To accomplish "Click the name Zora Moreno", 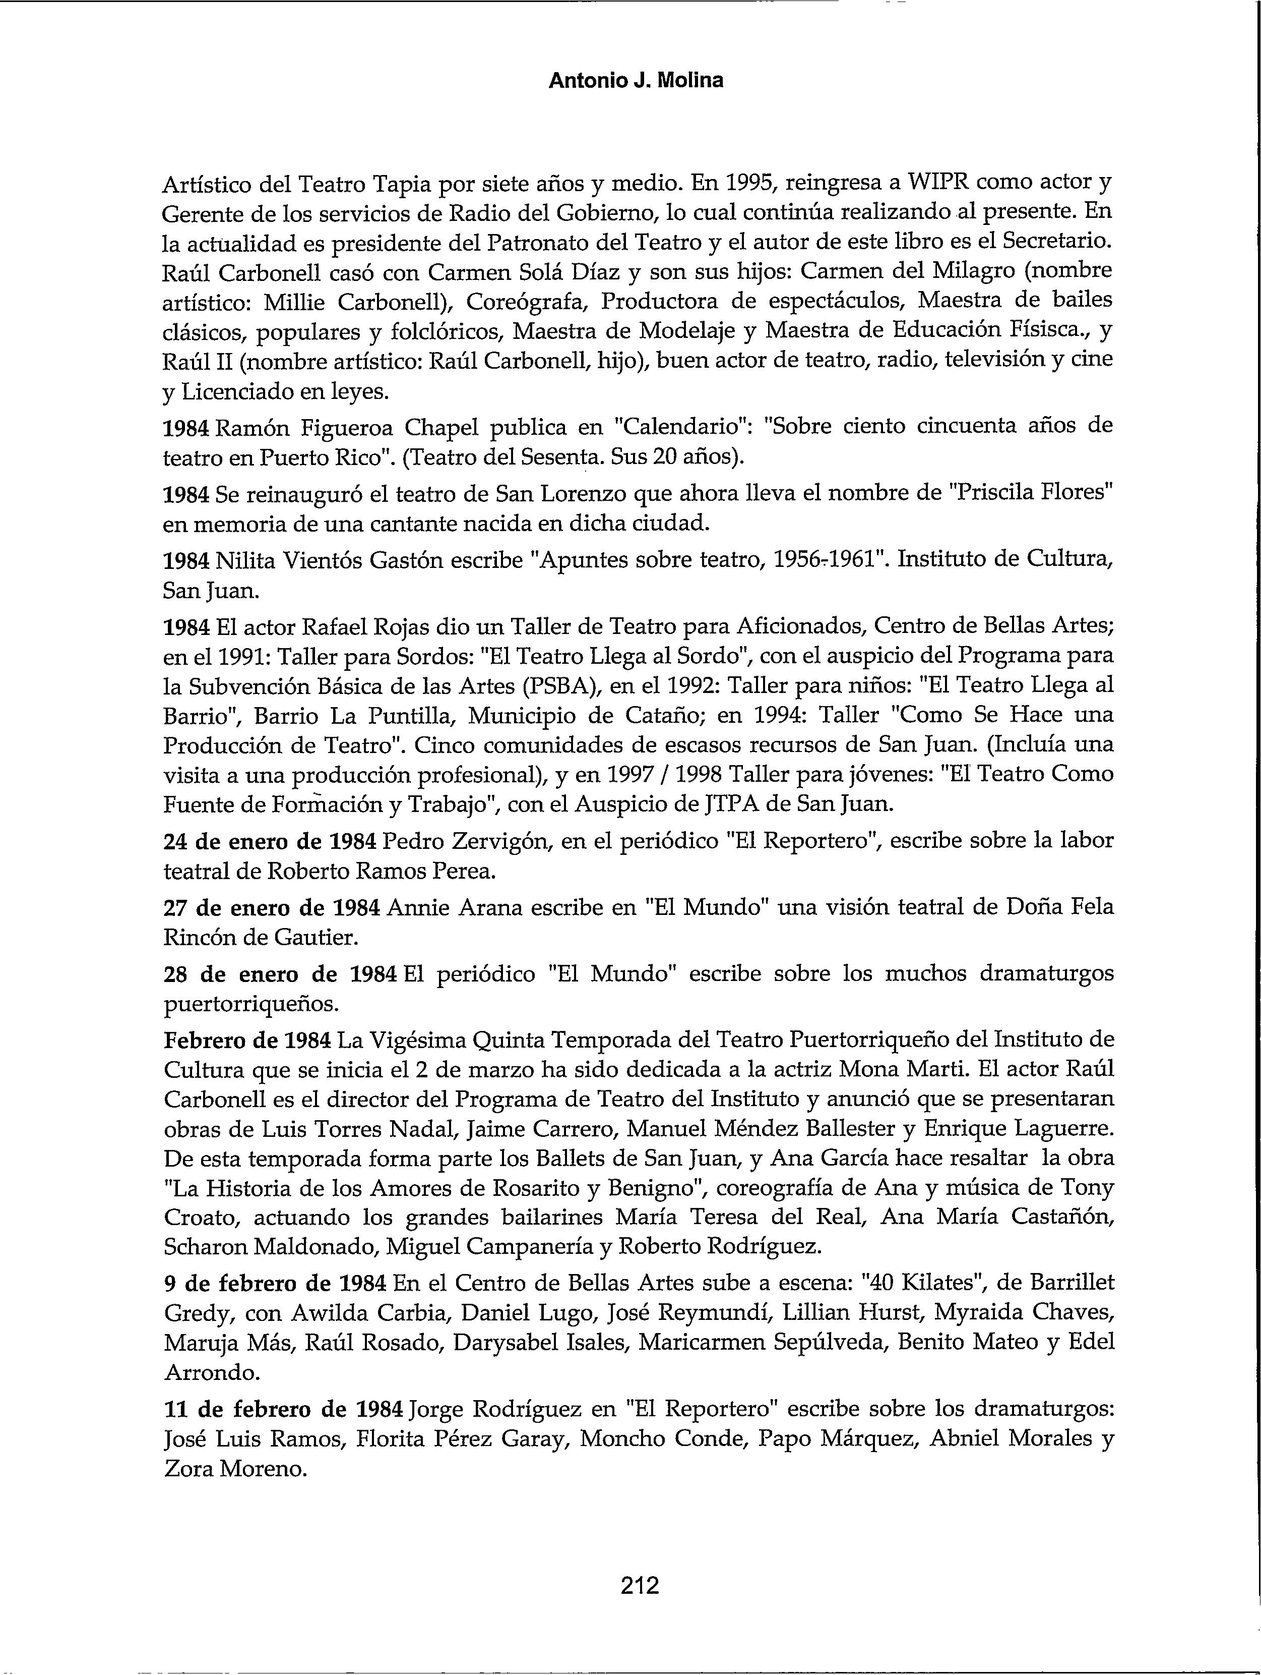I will (235, 1469).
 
